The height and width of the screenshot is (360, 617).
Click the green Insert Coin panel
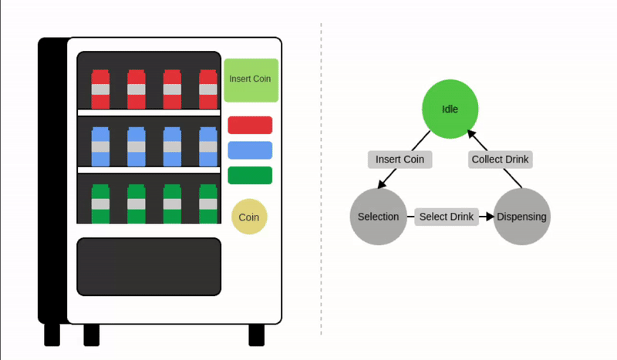coord(251,79)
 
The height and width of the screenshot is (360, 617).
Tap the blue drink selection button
coord(250,150)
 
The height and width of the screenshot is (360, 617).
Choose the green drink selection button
coord(250,176)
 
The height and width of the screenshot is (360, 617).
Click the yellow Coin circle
coord(249,217)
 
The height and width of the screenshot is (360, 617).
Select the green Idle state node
coord(450,109)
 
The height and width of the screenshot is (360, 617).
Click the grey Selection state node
coord(378,217)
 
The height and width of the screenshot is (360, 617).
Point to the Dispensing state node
coord(521,217)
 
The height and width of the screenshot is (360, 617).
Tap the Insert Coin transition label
coord(400,160)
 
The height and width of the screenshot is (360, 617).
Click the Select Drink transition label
coord(447,217)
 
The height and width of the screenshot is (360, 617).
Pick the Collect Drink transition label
coord(501,160)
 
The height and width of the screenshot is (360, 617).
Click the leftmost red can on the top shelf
coord(101,89)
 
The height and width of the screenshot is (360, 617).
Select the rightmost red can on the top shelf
coord(208,89)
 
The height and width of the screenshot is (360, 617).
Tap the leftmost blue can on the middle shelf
coord(101,146)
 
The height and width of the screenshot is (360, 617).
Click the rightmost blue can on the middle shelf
coord(208,146)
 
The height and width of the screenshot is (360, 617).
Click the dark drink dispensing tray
coord(149,267)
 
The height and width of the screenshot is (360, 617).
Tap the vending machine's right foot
coord(256,335)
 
